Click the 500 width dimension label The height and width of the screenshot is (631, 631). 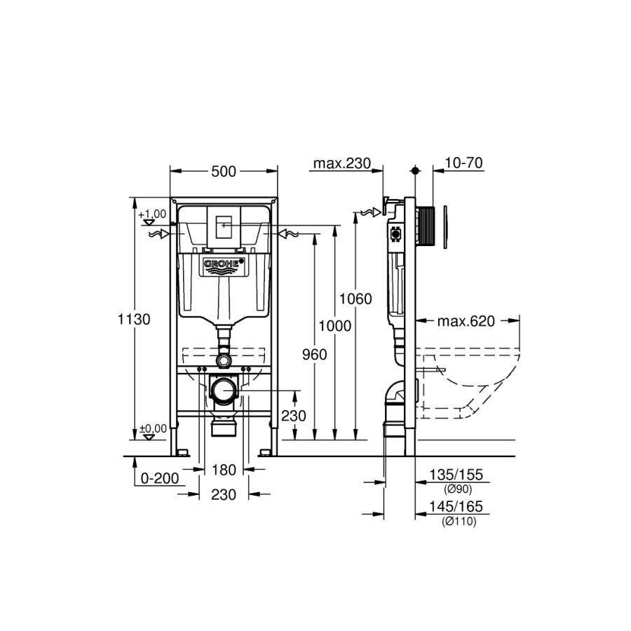click(224, 172)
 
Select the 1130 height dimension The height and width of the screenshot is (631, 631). click(134, 319)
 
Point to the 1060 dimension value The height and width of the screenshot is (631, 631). click(355, 299)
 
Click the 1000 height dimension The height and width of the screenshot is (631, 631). click(335, 325)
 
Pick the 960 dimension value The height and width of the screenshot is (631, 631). click(314, 355)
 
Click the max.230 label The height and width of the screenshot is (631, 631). click(341, 163)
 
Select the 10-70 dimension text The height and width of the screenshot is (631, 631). click(463, 163)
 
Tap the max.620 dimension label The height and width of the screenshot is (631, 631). click(466, 321)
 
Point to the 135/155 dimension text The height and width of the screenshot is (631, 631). click(456, 475)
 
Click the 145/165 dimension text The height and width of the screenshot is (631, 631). click(456, 506)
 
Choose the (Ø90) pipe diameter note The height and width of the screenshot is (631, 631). click(458, 489)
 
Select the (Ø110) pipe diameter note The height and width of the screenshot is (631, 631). click(459, 522)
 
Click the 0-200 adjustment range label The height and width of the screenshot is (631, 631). click(160, 478)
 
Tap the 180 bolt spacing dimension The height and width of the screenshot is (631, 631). click(224, 470)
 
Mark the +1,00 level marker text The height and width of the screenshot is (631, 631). click(152, 214)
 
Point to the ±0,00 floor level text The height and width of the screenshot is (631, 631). click(153, 428)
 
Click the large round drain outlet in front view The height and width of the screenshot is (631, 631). click(224, 391)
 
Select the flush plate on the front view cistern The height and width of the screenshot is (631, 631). click(224, 227)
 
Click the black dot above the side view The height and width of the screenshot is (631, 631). click(415, 170)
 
